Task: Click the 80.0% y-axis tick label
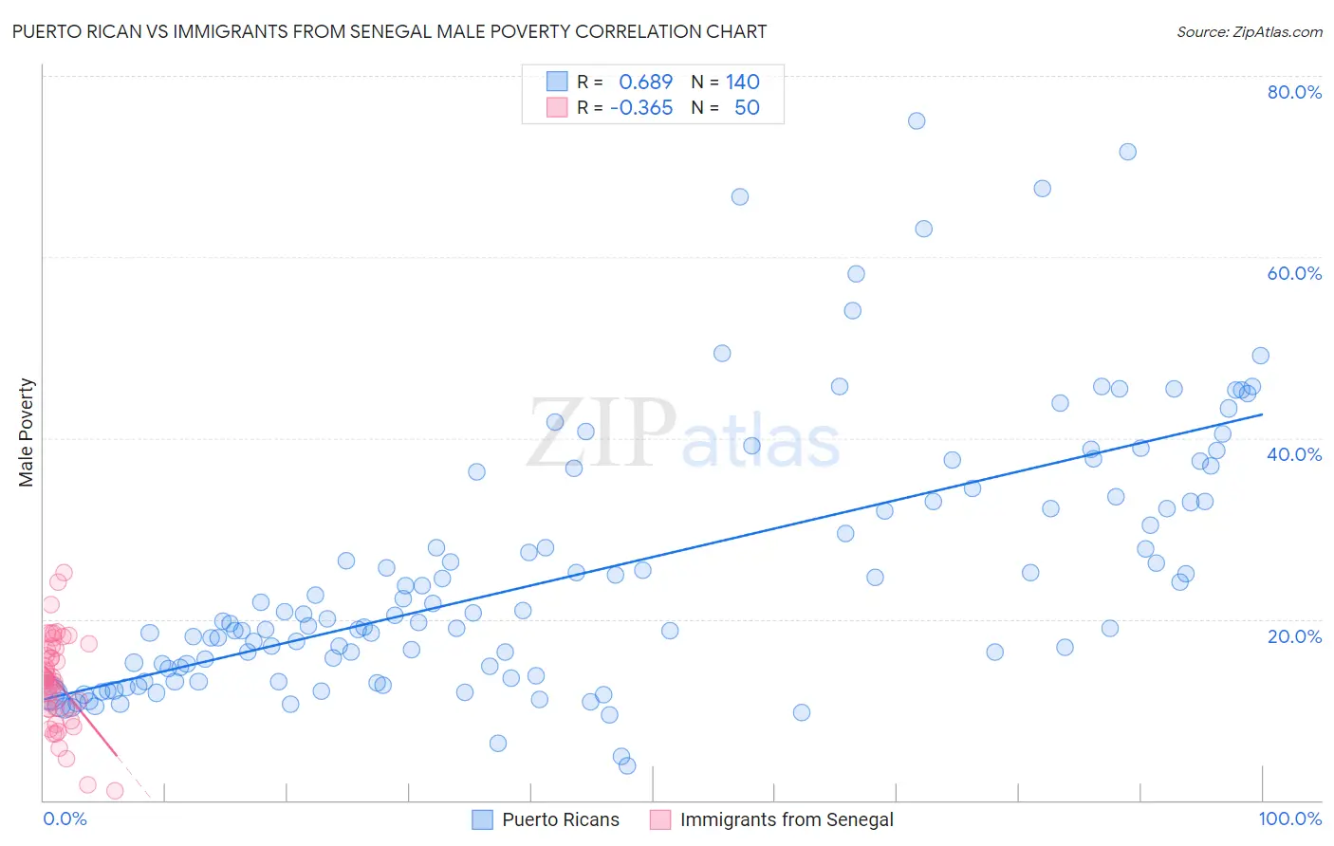point(1294,92)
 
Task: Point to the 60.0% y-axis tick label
point(1294,273)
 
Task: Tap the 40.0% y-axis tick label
point(1294,454)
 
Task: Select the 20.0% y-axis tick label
point(1294,635)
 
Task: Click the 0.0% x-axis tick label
point(65,818)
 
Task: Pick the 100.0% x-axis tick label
point(1289,818)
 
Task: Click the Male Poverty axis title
point(27,432)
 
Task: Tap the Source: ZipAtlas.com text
point(1249,32)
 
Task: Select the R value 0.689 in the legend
point(645,83)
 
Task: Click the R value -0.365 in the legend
point(641,108)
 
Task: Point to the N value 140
point(743,83)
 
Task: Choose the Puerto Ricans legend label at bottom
point(560,819)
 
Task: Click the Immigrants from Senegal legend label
point(787,819)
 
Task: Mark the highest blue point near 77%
point(917,120)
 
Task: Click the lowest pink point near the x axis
point(115,791)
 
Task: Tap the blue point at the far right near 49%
point(1260,356)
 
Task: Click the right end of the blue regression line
point(1262,414)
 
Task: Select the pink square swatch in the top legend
point(557,108)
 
